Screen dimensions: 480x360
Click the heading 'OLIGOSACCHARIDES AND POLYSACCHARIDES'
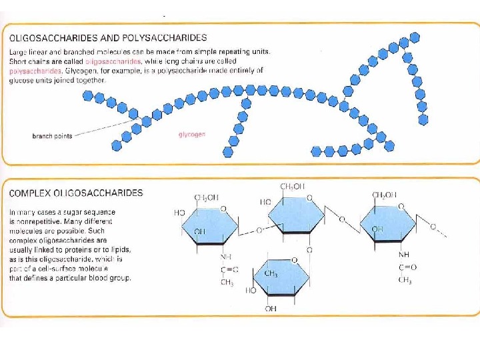click(x=107, y=37)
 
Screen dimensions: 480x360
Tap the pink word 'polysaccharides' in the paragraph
click(x=32, y=69)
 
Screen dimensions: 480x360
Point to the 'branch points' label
click(x=52, y=135)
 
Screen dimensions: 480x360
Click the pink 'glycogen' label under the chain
click(x=192, y=135)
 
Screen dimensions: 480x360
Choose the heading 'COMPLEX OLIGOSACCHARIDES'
click(x=75, y=193)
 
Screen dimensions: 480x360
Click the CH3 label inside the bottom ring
click(x=271, y=273)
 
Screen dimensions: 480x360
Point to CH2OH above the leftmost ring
click(x=207, y=197)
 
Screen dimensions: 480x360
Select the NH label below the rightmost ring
click(x=404, y=255)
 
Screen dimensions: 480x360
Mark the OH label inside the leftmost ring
click(x=199, y=231)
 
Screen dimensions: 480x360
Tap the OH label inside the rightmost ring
click(x=378, y=229)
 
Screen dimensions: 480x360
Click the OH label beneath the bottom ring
click(x=270, y=309)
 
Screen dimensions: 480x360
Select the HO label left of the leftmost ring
click(x=179, y=213)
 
